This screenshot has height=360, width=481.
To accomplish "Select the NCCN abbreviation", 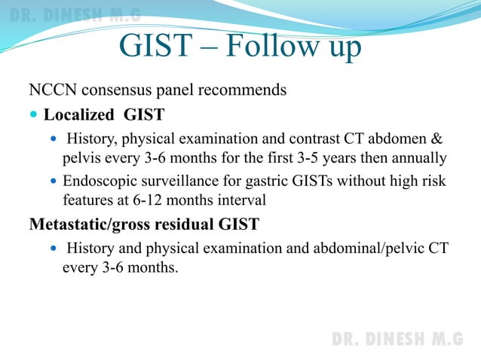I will [52, 90].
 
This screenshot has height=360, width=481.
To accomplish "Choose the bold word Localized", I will [81, 115].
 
